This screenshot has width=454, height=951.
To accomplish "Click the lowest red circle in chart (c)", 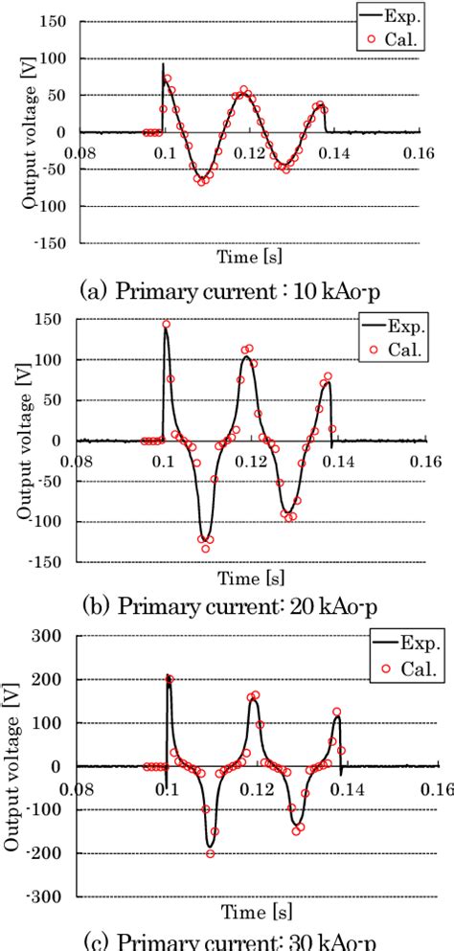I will [211, 853].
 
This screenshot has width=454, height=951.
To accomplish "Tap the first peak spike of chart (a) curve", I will [163, 64].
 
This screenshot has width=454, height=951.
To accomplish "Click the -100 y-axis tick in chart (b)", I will [52, 522].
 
